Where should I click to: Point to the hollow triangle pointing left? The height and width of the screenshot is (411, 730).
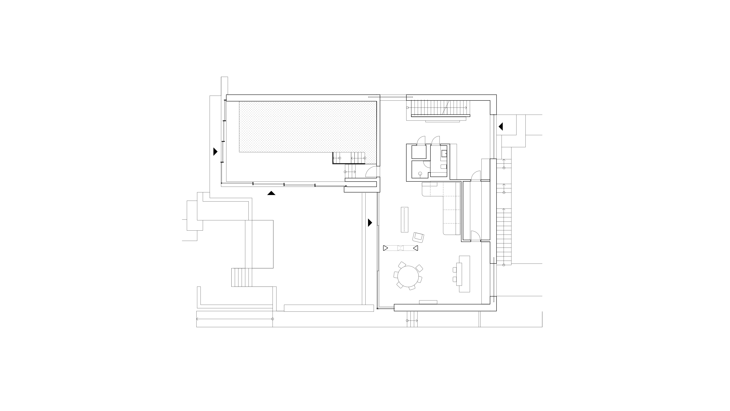415,248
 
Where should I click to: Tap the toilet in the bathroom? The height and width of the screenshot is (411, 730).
444,166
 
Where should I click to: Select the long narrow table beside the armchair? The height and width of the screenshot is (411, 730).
404,220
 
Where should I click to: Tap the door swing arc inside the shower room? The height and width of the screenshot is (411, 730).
426,164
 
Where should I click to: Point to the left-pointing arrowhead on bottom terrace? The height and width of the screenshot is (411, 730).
198,319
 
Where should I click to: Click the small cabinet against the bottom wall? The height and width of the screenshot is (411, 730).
428,302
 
